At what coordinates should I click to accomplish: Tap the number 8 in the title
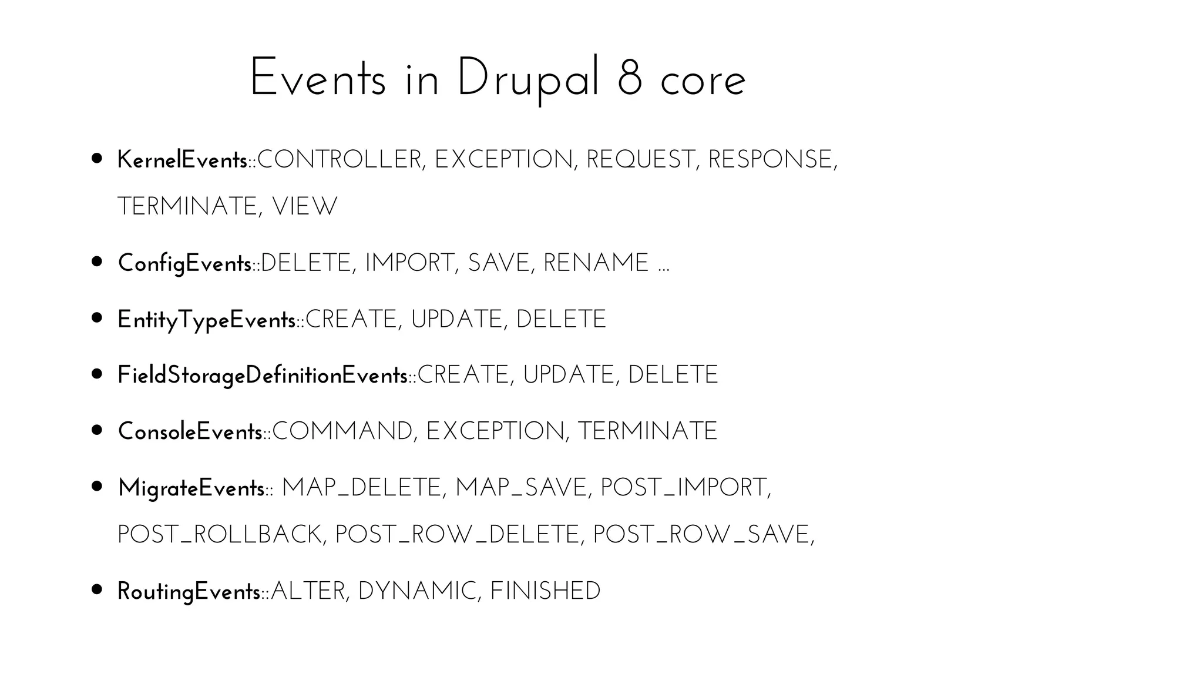pos(630,79)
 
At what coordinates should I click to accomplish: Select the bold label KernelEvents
pos(182,160)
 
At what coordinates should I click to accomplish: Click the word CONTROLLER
pos(340,160)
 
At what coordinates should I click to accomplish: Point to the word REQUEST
pos(640,160)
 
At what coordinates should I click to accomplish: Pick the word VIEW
pos(305,207)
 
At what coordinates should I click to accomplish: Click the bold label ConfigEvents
pos(184,263)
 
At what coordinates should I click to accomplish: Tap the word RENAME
pos(596,263)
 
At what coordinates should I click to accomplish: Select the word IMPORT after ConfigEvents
pos(409,263)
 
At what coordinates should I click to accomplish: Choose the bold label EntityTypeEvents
pos(206,320)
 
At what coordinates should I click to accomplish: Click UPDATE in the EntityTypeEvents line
pos(456,320)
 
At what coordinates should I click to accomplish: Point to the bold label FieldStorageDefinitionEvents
pos(263,376)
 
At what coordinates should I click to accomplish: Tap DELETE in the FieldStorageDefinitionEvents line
pos(673,376)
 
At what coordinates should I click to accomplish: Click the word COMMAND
pos(342,431)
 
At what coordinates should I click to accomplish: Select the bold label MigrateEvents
pos(191,488)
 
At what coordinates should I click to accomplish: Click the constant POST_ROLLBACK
pos(219,535)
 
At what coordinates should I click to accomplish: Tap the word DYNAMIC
pos(416,591)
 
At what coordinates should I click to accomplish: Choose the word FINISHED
pos(545,591)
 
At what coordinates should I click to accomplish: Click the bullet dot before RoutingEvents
pos(98,589)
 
